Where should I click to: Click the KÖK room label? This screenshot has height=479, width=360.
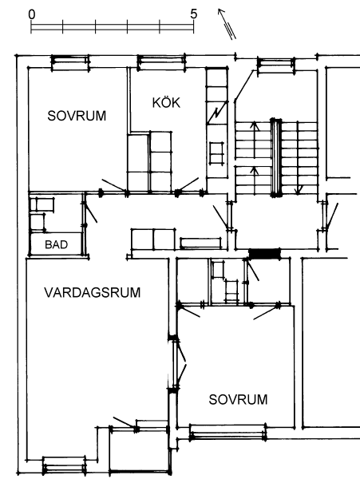coord(166,102)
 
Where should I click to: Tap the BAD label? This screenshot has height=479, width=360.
coord(56,244)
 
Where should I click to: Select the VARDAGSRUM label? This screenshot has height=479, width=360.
coord(93,292)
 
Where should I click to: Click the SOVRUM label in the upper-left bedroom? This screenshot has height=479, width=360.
coord(77,116)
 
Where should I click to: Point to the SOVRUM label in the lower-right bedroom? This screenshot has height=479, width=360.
coord(238,399)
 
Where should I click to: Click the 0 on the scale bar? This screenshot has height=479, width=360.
coord(32,14)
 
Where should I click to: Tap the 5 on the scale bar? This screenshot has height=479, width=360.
coord(194,14)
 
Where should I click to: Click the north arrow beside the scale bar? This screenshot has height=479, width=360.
coord(227,24)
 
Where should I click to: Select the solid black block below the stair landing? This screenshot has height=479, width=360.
coord(264,253)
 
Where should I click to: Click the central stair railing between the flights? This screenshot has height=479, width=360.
coord(276,157)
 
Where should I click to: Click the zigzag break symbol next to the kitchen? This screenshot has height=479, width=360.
coord(217,113)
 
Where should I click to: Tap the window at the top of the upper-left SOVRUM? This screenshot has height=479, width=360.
coord(70,62)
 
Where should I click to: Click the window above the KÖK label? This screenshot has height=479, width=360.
coord(161,62)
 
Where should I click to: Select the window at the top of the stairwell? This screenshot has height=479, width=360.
coord(276,65)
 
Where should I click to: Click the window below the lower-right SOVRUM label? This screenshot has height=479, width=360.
coord(227,432)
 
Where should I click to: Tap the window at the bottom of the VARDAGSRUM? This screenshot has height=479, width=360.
coord(64,465)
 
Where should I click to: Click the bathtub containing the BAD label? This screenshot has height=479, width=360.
coord(56,244)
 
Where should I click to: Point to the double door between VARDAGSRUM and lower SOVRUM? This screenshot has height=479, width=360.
coord(178,363)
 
